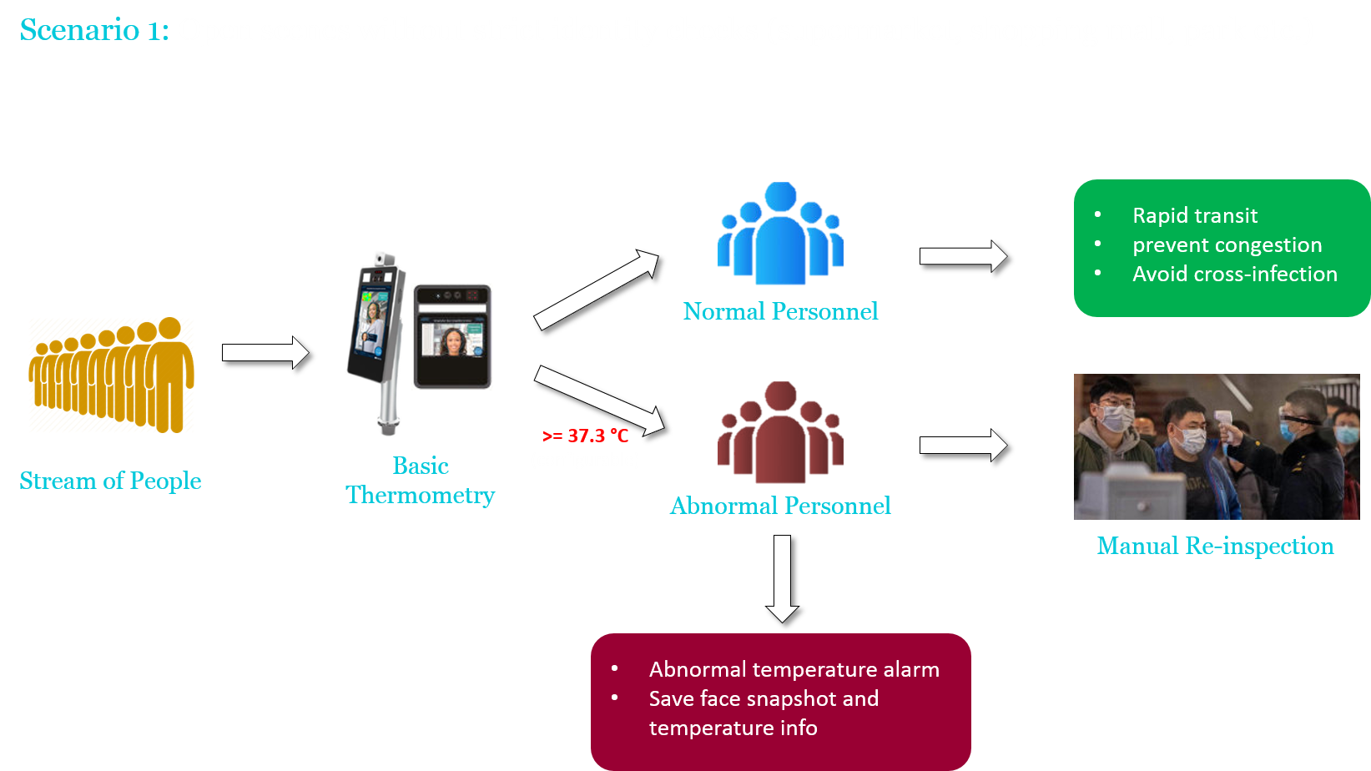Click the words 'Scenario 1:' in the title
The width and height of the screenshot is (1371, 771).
click(x=93, y=30)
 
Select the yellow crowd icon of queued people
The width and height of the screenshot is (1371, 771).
click(x=112, y=375)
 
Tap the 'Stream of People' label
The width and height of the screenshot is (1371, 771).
click(x=110, y=481)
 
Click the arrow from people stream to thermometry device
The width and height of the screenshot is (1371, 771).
click(x=265, y=352)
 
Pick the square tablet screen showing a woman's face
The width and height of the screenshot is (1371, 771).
click(x=452, y=336)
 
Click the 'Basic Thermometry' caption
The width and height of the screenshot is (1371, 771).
click(x=421, y=481)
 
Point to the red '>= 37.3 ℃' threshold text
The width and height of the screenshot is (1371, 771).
click(x=585, y=436)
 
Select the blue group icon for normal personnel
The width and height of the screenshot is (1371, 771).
click(x=780, y=234)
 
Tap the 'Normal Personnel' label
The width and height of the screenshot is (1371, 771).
click(x=780, y=311)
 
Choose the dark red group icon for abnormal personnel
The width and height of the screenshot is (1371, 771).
click(x=780, y=433)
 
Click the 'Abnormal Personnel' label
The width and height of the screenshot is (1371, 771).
click(x=780, y=506)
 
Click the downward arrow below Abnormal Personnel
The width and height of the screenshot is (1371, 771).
click(x=782, y=577)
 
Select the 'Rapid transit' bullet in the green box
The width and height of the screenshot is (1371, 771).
click(x=1194, y=215)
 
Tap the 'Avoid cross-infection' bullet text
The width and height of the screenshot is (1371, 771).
click(x=1234, y=274)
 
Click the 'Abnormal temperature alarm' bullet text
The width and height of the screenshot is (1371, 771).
click(x=794, y=669)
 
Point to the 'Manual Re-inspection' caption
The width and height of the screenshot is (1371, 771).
click(x=1215, y=546)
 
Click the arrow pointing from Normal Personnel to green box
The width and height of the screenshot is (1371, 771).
click(x=963, y=256)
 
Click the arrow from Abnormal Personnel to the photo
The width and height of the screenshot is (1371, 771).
click(x=963, y=445)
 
